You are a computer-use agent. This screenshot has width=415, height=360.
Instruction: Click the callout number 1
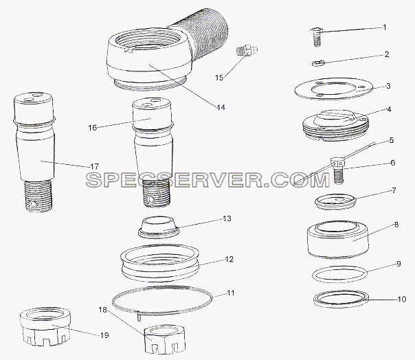coord(385,27)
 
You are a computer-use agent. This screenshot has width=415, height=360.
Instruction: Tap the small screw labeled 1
coord(317,37)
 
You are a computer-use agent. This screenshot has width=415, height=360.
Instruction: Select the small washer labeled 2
coord(317,63)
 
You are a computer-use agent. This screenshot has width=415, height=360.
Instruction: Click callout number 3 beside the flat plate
coord(388,86)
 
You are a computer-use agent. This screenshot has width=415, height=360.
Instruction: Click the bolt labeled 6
coord(337,170)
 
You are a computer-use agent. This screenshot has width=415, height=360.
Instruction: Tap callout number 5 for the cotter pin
coord(392,140)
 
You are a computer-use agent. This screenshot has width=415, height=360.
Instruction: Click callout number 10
coord(402,299)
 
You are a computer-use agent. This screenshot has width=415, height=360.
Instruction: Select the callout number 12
coord(229,259)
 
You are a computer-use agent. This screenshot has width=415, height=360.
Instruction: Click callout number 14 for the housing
coord(221,107)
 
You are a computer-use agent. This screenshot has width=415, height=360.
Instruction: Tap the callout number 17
coord(95,166)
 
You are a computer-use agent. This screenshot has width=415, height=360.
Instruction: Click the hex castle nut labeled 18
coord(165,340)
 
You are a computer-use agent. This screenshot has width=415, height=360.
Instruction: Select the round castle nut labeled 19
coord(45,327)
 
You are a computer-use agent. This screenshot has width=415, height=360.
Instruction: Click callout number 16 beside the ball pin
coord(93,128)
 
